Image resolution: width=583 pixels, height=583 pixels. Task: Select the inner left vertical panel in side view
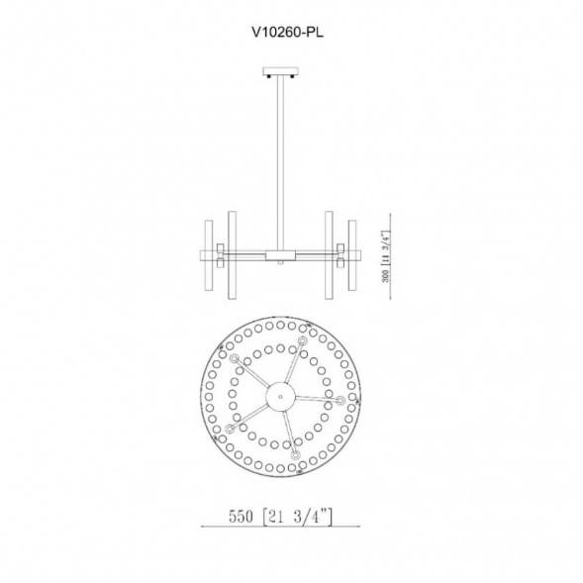tap(231, 253)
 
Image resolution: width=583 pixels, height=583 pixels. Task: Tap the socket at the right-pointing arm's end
tap(341, 400)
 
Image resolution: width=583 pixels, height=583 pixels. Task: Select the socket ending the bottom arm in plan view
tap(296, 454)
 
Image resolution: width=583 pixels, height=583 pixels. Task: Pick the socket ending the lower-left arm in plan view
tap(230, 429)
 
